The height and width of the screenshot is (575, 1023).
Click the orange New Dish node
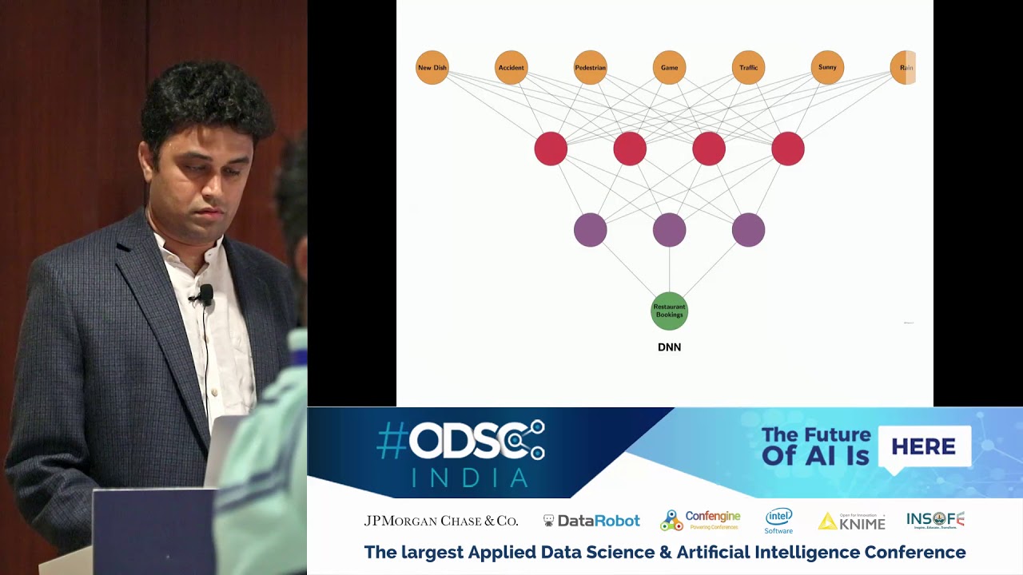[432, 68]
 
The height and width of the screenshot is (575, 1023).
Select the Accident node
[511, 68]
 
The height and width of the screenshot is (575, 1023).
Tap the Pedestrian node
[590, 68]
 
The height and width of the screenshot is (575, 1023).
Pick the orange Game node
[669, 68]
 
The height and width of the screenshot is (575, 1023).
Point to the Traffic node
[748, 68]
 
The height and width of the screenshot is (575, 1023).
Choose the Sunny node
[827, 68]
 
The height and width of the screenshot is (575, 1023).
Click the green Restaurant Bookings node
[669, 311]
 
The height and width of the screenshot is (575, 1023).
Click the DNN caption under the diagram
[669, 347]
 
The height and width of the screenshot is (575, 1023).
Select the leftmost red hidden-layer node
[551, 149]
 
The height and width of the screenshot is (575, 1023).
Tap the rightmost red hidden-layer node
[788, 149]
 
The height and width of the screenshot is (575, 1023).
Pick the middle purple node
[669, 230]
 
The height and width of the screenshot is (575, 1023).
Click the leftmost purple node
[590, 230]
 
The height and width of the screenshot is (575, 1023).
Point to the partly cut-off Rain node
[903, 68]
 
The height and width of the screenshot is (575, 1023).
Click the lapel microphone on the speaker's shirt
[205, 295]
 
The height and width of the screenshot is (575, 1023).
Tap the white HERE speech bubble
[923, 447]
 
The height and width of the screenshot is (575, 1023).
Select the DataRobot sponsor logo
[591, 521]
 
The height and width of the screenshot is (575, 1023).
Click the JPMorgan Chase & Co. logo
[441, 521]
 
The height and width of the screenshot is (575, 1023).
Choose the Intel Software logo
[778, 521]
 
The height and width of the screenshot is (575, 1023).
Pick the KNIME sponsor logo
[852, 521]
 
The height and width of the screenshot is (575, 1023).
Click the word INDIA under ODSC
[470, 478]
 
